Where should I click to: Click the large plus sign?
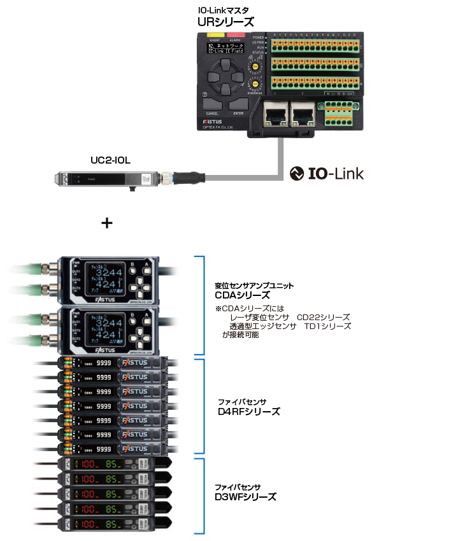107,223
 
